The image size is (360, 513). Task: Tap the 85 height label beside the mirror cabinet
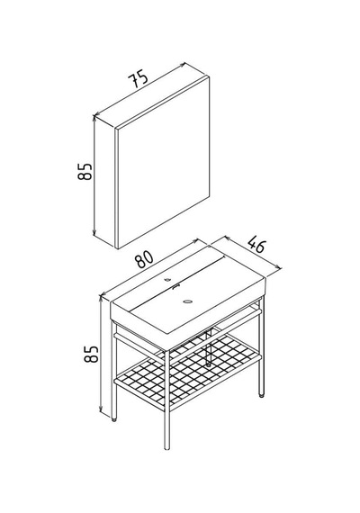coord(85,171)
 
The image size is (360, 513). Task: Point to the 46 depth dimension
coord(256,245)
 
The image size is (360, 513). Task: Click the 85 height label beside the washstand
coord(91,354)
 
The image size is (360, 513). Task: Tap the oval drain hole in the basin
coord(188,301)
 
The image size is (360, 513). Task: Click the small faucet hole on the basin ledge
coord(168,279)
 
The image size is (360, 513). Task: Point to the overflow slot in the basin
coord(176,286)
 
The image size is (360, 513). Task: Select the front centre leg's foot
coord(166,448)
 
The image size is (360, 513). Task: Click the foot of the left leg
coord(114,419)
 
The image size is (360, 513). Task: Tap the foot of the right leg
coord(261,395)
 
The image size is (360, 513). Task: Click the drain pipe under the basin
coord(209,347)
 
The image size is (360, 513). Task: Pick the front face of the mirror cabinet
coord(163,162)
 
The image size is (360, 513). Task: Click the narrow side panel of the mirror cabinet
coord(105,181)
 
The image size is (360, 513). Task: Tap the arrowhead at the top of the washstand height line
coord(101,297)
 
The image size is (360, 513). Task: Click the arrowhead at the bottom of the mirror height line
coord(94,232)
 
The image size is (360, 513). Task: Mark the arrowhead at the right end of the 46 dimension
coord(278,267)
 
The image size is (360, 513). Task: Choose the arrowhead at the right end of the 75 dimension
coord(183,66)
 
